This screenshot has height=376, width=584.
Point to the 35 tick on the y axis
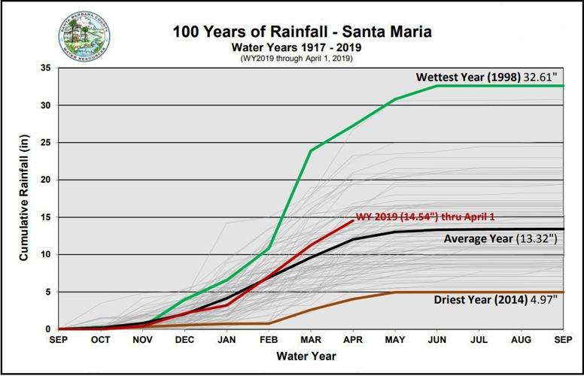(46, 68)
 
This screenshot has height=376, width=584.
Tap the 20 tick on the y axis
(46, 180)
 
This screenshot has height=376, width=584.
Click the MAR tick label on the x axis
(311, 339)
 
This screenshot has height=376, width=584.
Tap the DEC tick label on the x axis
(184, 339)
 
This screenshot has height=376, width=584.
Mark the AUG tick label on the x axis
(521, 339)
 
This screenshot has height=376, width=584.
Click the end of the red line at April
(353, 221)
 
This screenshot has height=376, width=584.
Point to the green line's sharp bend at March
(311, 151)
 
